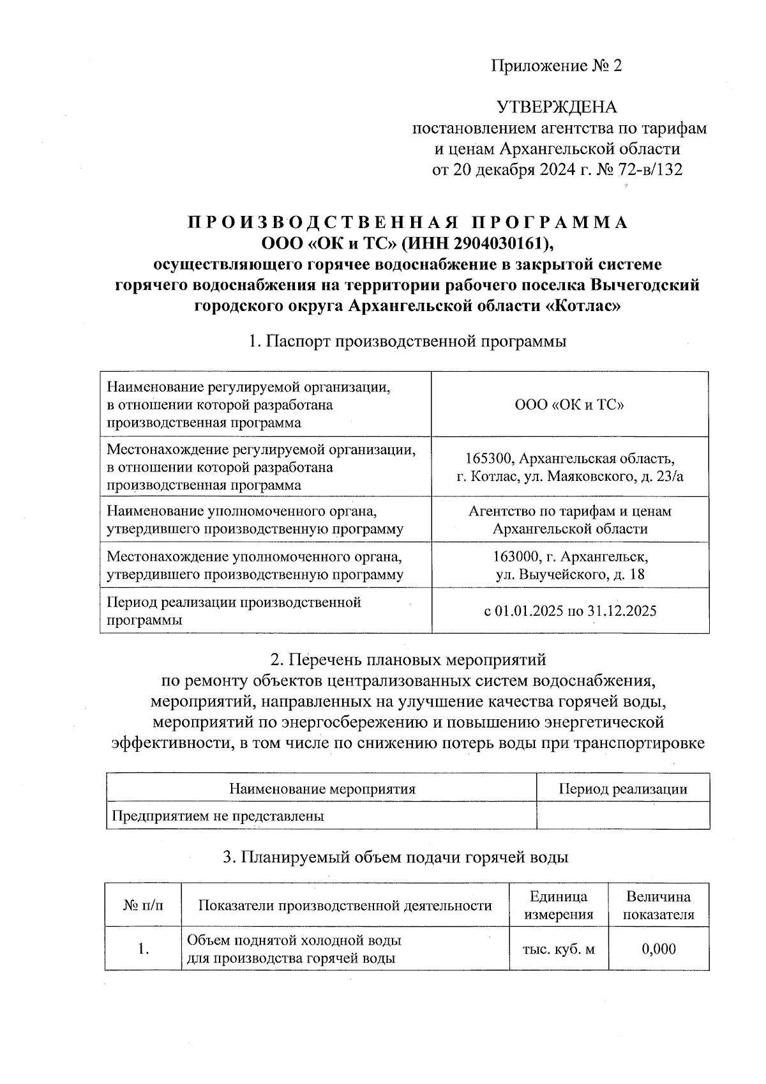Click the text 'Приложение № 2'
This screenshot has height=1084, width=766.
pyautogui.click(x=556, y=66)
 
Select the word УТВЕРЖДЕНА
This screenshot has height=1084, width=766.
pyautogui.click(x=557, y=107)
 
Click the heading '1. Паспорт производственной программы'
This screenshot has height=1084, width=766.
pyautogui.click(x=407, y=341)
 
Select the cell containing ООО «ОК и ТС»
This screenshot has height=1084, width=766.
pyautogui.click(x=569, y=405)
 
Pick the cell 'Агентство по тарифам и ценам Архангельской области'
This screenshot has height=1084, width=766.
pyautogui.click(x=569, y=520)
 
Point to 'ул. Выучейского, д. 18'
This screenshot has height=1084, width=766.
pyautogui.click(x=570, y=574)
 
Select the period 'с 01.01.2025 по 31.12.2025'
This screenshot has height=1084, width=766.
pyautogui.click(x=569, y=611)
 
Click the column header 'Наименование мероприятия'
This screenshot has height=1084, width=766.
pyautogui.click(x=322, y=789)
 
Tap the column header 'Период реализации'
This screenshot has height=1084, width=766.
pyautogui.click(x=623, y=789)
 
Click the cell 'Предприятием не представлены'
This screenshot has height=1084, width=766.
pyautogui.click(x=218, y=816)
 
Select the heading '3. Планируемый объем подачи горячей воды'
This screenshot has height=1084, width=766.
pyautogui.click(x=395, y=857)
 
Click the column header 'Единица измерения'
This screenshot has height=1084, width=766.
pyautogui.click(x=559, y=905)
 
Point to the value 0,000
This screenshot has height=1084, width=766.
pyautogui.click(x=658, y=949)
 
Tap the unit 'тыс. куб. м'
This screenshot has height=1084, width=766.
pyautogui.click(x=559, y=949)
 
